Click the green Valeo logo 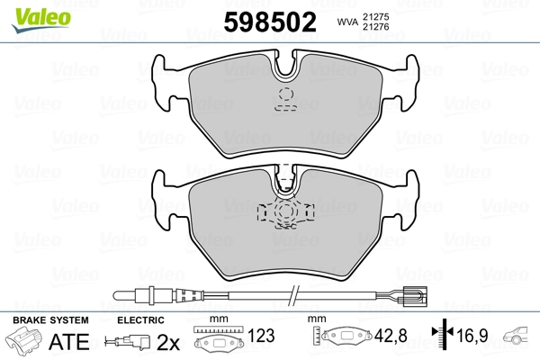point(41,20)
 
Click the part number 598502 point(270,22)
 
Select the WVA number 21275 point(375,17)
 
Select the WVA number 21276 point(375,26)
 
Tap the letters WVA point(347,22)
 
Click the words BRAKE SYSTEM point(50,320)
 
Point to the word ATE point(69,341)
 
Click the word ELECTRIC point(140,320)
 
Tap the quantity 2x point(168,342)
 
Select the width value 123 point(261,336)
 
